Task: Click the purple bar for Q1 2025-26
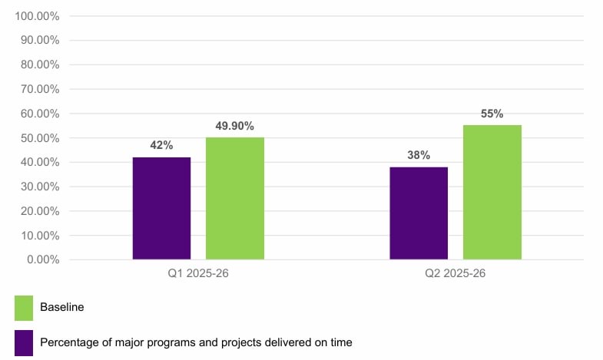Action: click(x=161, y=208)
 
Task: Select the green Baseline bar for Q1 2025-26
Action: click(x=235, y=198)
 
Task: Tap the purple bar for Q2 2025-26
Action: click(x=419, y=213)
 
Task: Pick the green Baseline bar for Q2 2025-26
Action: click(x=492, y=192)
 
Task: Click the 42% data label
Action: click(x=161, y=145)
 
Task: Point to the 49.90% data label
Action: click(x=235, y=126)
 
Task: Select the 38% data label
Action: click(x=419, y=154)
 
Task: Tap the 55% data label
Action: click(x=492, y=114)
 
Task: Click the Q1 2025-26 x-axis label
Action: click(x=198, y=273)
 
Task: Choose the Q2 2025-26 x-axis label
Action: click(x=456, y=273)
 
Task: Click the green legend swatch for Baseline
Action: click(x=24, y=308)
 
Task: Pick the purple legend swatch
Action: click(x=24, y=342)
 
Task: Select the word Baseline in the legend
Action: click(x=61, y=308)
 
